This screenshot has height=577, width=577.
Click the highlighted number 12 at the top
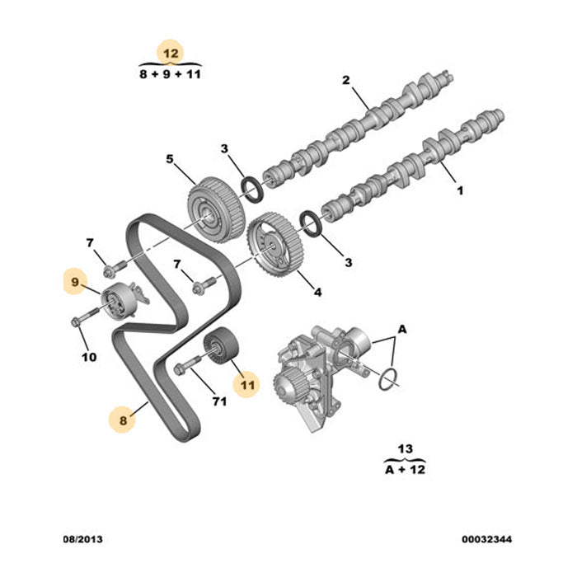point(171,53)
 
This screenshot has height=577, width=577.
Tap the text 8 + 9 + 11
point(171,73)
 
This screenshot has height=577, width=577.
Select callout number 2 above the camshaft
point(347,80)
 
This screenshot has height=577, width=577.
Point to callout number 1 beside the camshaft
point(460,190)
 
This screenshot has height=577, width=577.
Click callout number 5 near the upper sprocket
point(169,159)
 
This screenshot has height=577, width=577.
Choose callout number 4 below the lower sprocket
point(317,292)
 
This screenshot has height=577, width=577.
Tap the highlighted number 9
point(75,283)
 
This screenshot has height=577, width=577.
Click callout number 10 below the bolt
point(88,357)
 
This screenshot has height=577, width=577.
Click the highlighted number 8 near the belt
point(123,420)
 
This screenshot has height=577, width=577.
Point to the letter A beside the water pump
point(403,329)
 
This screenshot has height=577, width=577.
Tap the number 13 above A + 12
point(404,448)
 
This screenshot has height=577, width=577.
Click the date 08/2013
point(83,540)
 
